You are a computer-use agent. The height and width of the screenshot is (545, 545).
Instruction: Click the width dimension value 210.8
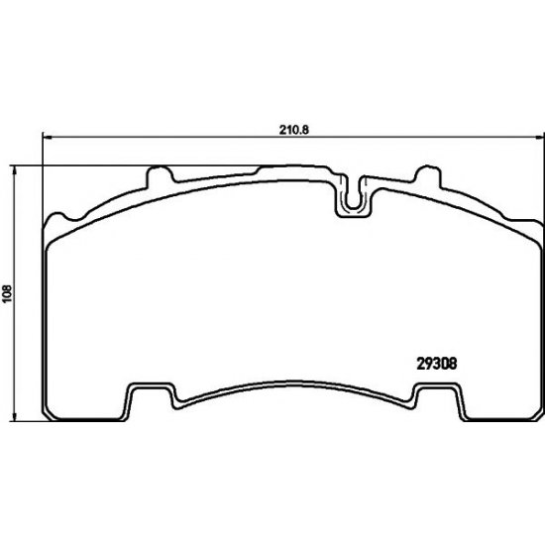pos(294,130)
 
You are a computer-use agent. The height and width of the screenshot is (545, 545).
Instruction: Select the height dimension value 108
pos(7,293)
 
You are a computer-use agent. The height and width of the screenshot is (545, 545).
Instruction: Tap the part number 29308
pos(436,364)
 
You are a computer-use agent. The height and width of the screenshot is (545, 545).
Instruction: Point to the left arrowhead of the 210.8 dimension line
pos(47,138)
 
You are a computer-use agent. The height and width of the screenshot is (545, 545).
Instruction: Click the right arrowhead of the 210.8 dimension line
pos(540,138)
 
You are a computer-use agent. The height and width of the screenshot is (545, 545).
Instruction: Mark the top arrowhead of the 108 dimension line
pos(15,170)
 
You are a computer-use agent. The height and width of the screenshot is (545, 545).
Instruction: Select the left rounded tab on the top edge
pos(160,174)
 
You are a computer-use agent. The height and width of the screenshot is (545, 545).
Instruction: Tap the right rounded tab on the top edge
pos(428,174)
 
